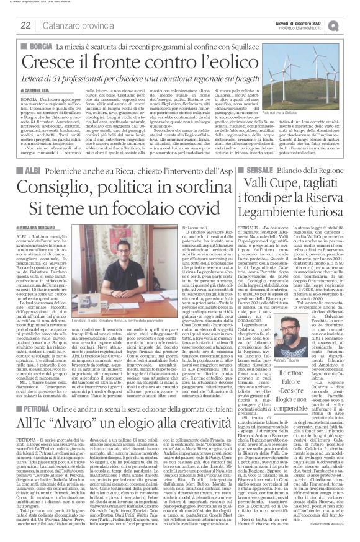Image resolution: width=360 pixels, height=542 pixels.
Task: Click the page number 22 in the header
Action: [26, 25]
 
